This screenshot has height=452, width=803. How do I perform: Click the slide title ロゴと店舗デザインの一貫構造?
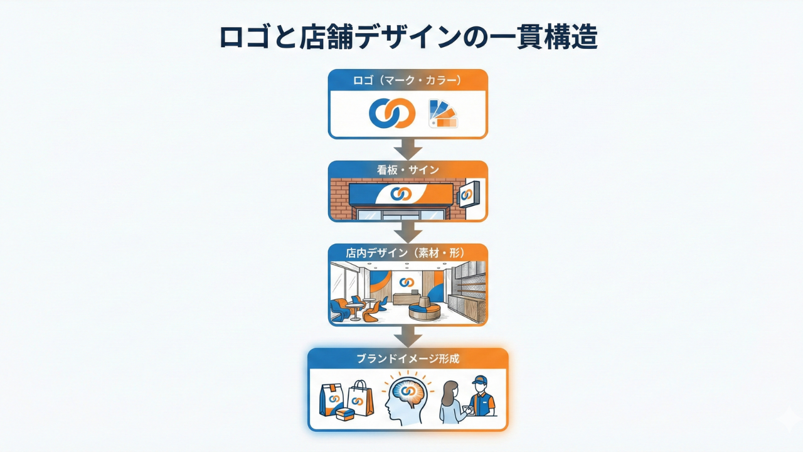[408, 38]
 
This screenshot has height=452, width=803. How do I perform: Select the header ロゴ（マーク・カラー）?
[408, 80]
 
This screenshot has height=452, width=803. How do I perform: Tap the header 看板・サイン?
[408, 169]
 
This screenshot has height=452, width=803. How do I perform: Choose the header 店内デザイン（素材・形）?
[408, 253]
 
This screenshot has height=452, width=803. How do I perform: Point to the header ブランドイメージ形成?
[408, 359]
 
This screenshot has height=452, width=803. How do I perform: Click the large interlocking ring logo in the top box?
[392, 113]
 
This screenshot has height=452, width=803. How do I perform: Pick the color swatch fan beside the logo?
[443, 114]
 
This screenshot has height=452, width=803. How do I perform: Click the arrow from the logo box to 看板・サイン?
[408, 149]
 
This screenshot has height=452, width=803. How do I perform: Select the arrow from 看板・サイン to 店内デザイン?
[408, 232]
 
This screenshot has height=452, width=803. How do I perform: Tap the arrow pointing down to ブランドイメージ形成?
[408, 336]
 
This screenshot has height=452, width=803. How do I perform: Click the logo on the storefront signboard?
[401, 194]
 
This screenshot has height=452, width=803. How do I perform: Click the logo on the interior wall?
[407, 282]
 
